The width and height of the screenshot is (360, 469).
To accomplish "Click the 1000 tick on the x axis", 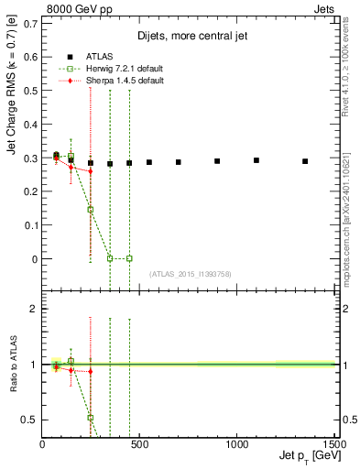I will point(236,443).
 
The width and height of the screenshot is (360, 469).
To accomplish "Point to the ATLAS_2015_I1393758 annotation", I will point(190,274).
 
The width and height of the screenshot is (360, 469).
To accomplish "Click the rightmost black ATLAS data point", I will point(305,161).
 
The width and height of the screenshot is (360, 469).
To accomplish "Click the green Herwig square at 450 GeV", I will point(129,258).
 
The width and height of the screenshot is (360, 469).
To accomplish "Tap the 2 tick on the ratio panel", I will point(33,309).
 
